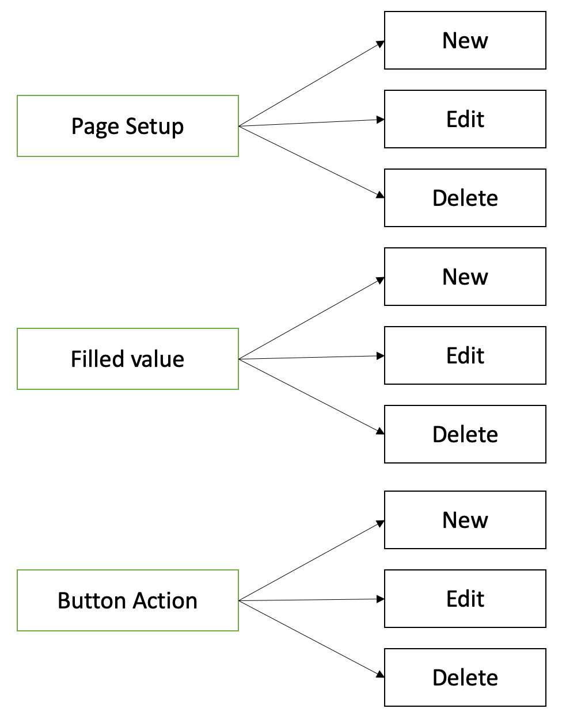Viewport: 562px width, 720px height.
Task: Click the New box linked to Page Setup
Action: (x=465, y=40)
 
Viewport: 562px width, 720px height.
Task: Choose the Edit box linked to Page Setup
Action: (x=465, y=119)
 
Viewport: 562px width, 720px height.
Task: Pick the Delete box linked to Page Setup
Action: (x=465, y=198)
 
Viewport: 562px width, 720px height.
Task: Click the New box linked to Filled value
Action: (x=465, y=277)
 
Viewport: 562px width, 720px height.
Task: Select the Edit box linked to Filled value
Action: (x=465, y=355)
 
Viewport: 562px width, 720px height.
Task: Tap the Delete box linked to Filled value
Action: (x=465, y=434)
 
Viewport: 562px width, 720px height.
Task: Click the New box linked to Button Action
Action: (x=465, y=520)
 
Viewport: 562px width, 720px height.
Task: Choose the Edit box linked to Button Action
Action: (x=465, y=599)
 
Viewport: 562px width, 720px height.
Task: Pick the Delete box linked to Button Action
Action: (x=465, y=677)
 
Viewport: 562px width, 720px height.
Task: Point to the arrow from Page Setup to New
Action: (x=312, y=84)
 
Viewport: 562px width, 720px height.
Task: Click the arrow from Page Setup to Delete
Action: (x=312, y=161)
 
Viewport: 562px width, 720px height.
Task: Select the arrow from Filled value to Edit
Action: (x=312, y=358)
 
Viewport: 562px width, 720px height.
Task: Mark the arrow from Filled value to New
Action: (x=312, y=319)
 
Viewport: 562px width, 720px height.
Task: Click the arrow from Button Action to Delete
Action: (x=312, y=638)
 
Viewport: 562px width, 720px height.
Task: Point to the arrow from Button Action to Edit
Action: (x=312, y=600)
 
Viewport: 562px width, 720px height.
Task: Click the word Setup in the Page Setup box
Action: (x=154, y=127)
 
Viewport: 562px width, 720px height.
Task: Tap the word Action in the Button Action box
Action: (x=165, y=601)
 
